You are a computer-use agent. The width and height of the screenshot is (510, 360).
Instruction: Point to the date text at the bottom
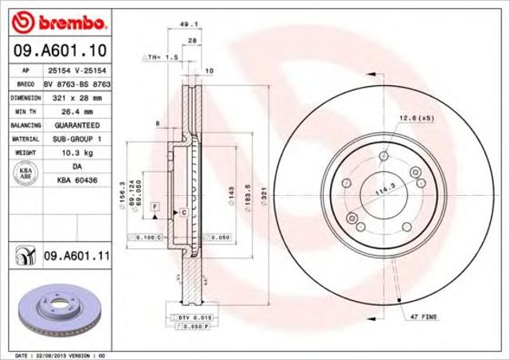click(x=61, y=354)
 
